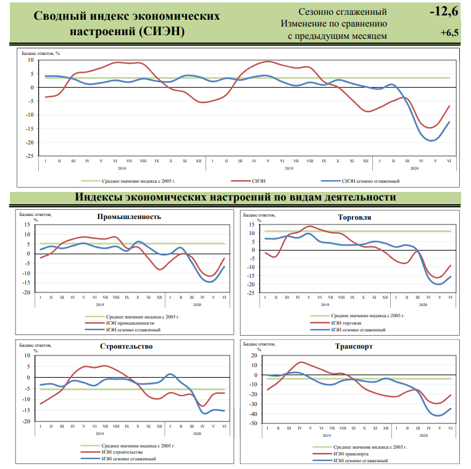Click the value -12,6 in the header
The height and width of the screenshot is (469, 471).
coord(443,11)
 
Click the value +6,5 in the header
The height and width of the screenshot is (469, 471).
coord(449,33)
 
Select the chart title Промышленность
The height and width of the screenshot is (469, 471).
coord(129,217)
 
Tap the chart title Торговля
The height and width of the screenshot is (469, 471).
coord(354,217)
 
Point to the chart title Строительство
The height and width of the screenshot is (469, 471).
coord(126,346)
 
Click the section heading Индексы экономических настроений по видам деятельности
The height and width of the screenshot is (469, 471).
coord(235,197)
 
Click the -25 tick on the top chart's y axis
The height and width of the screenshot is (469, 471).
coord(29,156)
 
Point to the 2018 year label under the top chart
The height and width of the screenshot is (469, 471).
coord(122,168)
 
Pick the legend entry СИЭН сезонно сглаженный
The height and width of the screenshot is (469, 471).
coord(370,181)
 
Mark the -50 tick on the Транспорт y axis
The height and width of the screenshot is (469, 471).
coord(252,423)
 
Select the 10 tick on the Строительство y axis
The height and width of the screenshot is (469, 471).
coord(27,355)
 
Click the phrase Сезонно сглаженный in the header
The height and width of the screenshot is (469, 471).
coord(343,12)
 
